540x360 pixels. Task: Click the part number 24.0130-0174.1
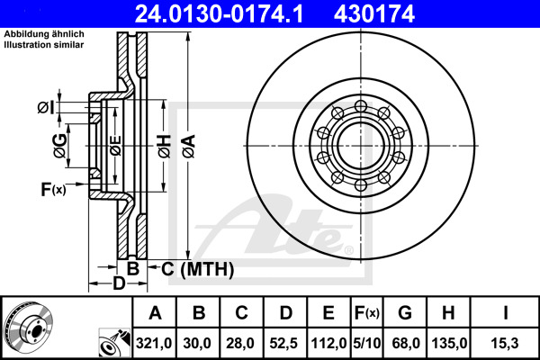pyautogui.click(x=219, y=13)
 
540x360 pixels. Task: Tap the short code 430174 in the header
pyautogui.click(x=374, y=13)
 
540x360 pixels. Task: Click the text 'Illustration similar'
pyautogui.click(x=44, y=45)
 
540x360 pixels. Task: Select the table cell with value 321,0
pyautogui.click(x=154, y=343)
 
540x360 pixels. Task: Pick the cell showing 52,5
pyautogui.click(x=285, y=343)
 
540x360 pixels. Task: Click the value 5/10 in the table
pyautogui.click(x=367, y=343)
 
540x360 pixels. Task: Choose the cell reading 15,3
pyautogui.click(x=505, y=343)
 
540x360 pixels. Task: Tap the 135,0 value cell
pyautogui.click(x=448, y=343)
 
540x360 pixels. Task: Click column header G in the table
pyautogui.click(x=405, y=313)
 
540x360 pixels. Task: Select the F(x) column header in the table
pyautogui.click(x=367, y=313)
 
